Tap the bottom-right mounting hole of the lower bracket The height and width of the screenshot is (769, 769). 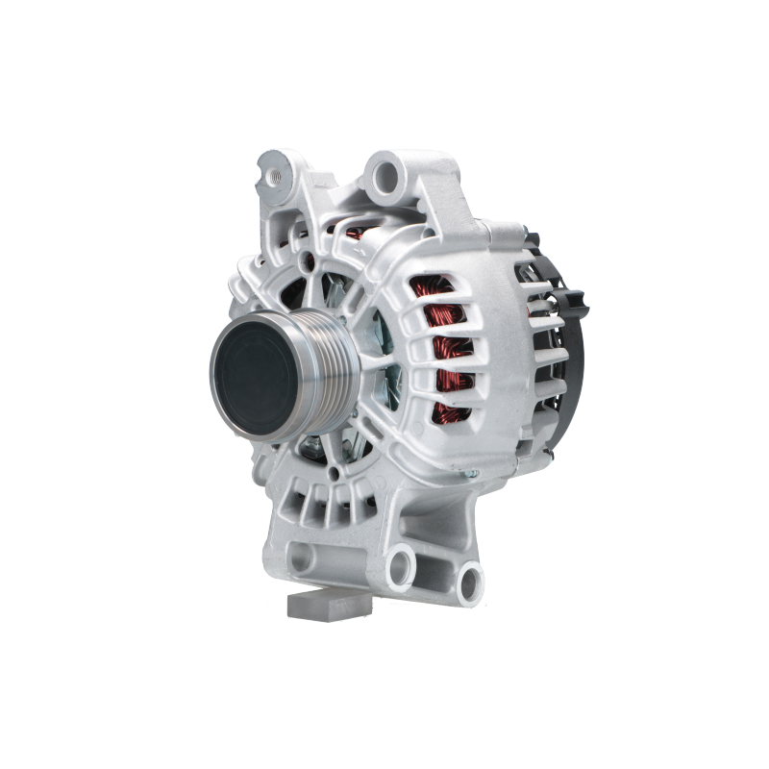point(469,577)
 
